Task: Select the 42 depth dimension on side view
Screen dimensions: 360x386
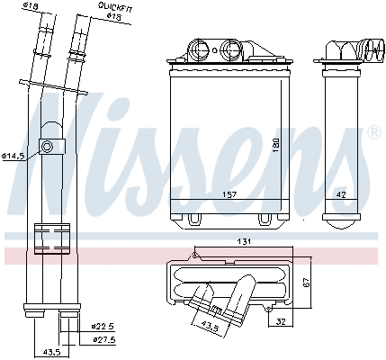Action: [x=341, y=193]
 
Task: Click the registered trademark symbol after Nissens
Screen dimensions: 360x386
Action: [x=373, y=132]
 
